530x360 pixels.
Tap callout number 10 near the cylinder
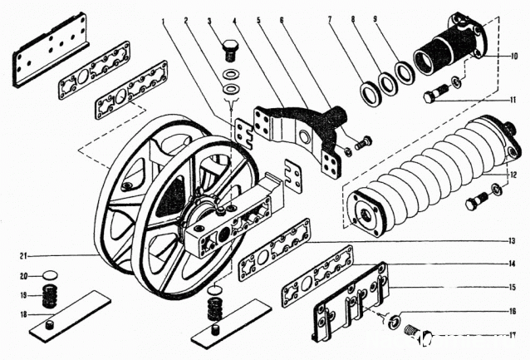515,57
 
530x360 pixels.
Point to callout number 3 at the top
210,19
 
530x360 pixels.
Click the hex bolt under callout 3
231,52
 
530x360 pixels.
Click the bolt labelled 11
434,96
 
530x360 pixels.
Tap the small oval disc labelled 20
52,274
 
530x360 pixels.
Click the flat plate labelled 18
71,314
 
